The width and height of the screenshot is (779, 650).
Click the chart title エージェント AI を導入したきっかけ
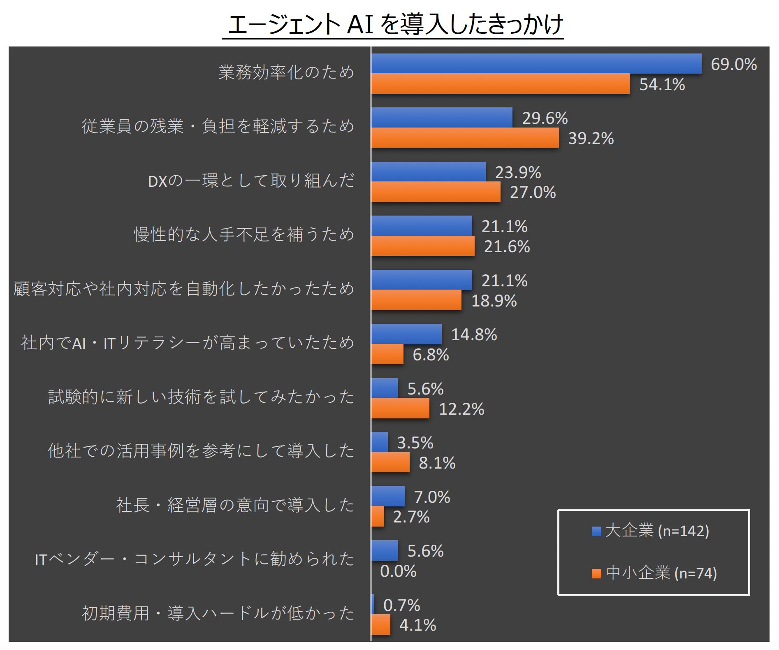tap(393, 24)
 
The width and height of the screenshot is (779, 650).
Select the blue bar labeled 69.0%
tap(536, 64)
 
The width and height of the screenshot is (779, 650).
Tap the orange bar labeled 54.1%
tap(500, 84)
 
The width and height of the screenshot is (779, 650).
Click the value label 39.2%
tap(591, 139)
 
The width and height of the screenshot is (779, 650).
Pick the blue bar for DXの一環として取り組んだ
tap(428, 172)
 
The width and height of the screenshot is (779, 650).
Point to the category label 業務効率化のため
tap(286, 72)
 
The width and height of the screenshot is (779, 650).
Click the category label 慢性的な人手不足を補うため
tap(244, 234)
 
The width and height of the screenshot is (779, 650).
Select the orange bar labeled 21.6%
tap(422, 246)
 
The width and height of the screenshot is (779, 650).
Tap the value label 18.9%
tap(494, 301)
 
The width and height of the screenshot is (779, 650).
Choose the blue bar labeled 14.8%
tap(406, 334)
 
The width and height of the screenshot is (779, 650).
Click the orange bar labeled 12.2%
tap(400, 409)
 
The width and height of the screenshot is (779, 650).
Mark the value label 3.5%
tap(415, 443)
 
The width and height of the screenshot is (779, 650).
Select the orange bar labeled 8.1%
tap(390, 462)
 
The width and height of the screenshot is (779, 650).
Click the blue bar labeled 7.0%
tap(388, 496)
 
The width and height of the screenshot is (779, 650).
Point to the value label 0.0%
tap(398, 571)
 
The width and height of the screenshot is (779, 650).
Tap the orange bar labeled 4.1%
tap(381, 624)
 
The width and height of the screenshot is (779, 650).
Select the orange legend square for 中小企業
tap(596, 573)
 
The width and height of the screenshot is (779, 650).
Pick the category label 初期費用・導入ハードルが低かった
tap(218, 613)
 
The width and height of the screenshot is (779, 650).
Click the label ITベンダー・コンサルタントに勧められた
tap(195, 559)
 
